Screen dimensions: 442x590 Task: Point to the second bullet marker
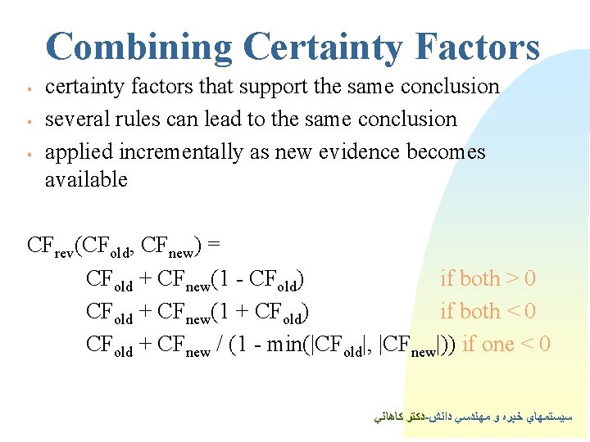coord(28,121)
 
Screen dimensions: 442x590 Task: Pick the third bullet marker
coord(28,154)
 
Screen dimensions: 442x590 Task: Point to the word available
coord(86,180)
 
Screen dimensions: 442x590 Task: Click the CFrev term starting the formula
coord(49,246)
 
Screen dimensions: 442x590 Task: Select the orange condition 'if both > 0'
coord(488,279)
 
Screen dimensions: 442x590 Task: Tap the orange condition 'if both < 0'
coord(488,312)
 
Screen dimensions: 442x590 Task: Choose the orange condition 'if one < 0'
coord(506,345)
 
